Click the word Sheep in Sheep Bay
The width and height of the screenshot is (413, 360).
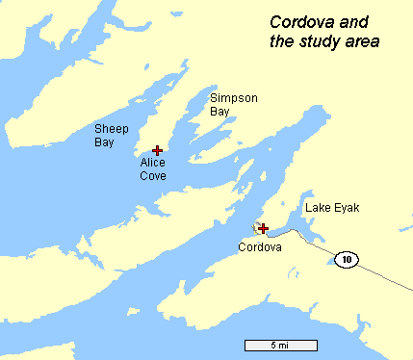[x=110, y=129]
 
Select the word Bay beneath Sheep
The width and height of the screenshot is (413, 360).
[x=104, y=142]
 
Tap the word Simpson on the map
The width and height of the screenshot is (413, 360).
[x=234, y=98]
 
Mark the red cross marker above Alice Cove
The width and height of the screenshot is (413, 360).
[x=157, y=150]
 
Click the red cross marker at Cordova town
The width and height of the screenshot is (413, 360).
[x=263, y=228]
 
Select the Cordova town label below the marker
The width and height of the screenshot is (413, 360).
[x=260, y=247]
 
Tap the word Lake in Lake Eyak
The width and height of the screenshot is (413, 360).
[x=319, y=208]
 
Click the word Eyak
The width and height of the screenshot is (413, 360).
[x=347, y=208]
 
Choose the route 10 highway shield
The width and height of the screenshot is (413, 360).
[x=347, y=258]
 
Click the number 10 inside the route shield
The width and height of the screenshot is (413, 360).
[x=347, y=258]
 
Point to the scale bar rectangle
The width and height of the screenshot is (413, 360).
[x=279, y=345]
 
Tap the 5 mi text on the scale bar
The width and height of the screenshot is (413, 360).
[x=279, y=345]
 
